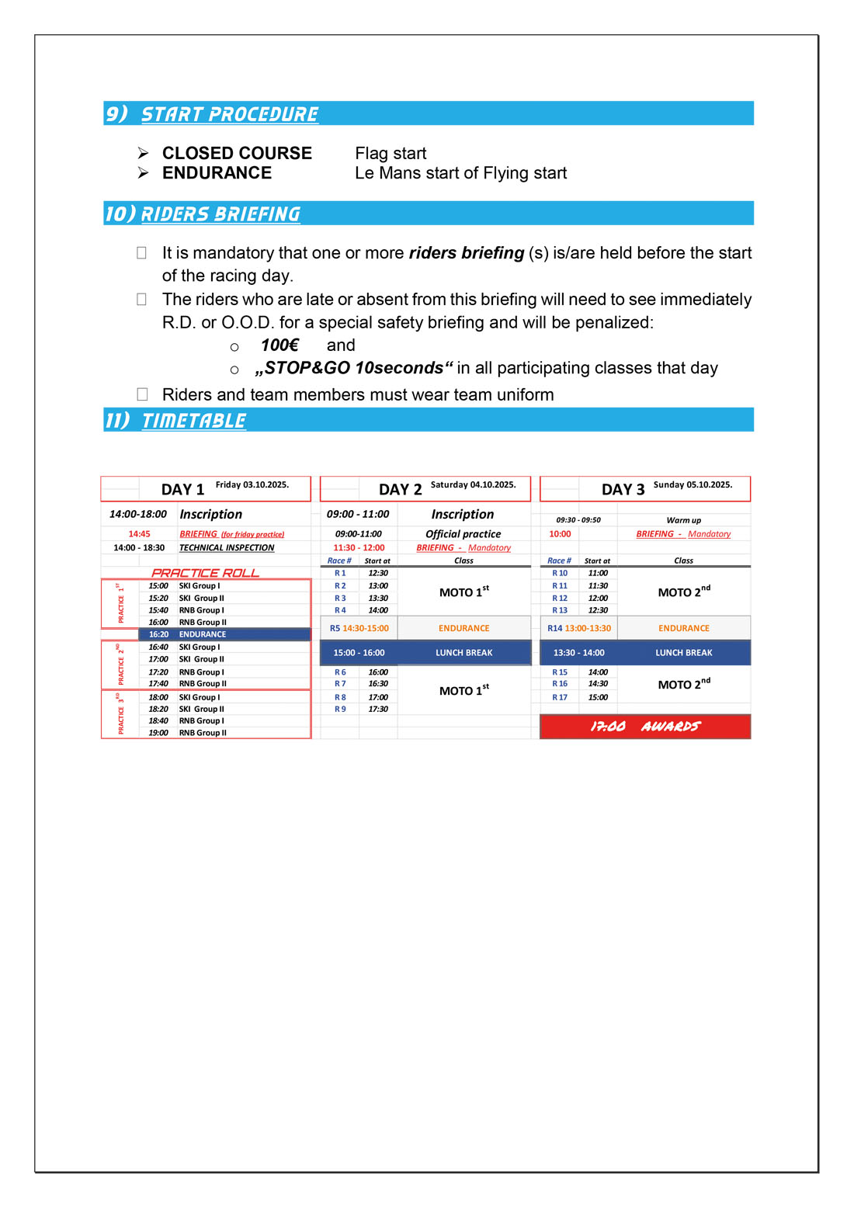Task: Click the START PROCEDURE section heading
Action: pyautogui.click(x=229, y=114)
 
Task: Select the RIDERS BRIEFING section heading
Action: pyautogui.click(x=220, y=214)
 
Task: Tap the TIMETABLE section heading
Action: pyautogui.click(x=193, y=421)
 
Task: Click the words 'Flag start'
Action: pyautogui.click(x=391, y=153)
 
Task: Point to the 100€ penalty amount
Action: pyautogui.click(x=279, y=345)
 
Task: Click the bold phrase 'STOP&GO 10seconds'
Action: pyautogui.click(x=353, y=367)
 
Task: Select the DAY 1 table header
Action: pyautogui.click(x=182, y=489)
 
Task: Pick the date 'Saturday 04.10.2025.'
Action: pyautogui.click(x=473, y=484)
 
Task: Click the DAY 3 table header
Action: pyautogui.click(x=623, y=489)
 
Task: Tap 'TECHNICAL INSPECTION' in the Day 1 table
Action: pyautogui.click(x=227, y=547)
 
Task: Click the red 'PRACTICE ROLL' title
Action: pyautogui.click(x=205, y=573)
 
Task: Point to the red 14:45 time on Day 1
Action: pyautogui.click(x=140, y=533)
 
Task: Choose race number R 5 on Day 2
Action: pyautogui.click(x=335, y=628)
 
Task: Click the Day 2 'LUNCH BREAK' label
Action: pyautogui.click(x=463, y=653)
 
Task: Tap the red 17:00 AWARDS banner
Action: pyautogui.click(x=645, y=727)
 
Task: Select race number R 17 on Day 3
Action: pyautogui.click(x=560, y=697)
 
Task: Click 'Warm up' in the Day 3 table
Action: pyautogui.click(x=683, y=520)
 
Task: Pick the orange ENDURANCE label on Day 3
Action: pyautogui.click(x=683, y=628)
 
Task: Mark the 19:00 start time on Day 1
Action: pyautogui.click(x=158, y=733)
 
